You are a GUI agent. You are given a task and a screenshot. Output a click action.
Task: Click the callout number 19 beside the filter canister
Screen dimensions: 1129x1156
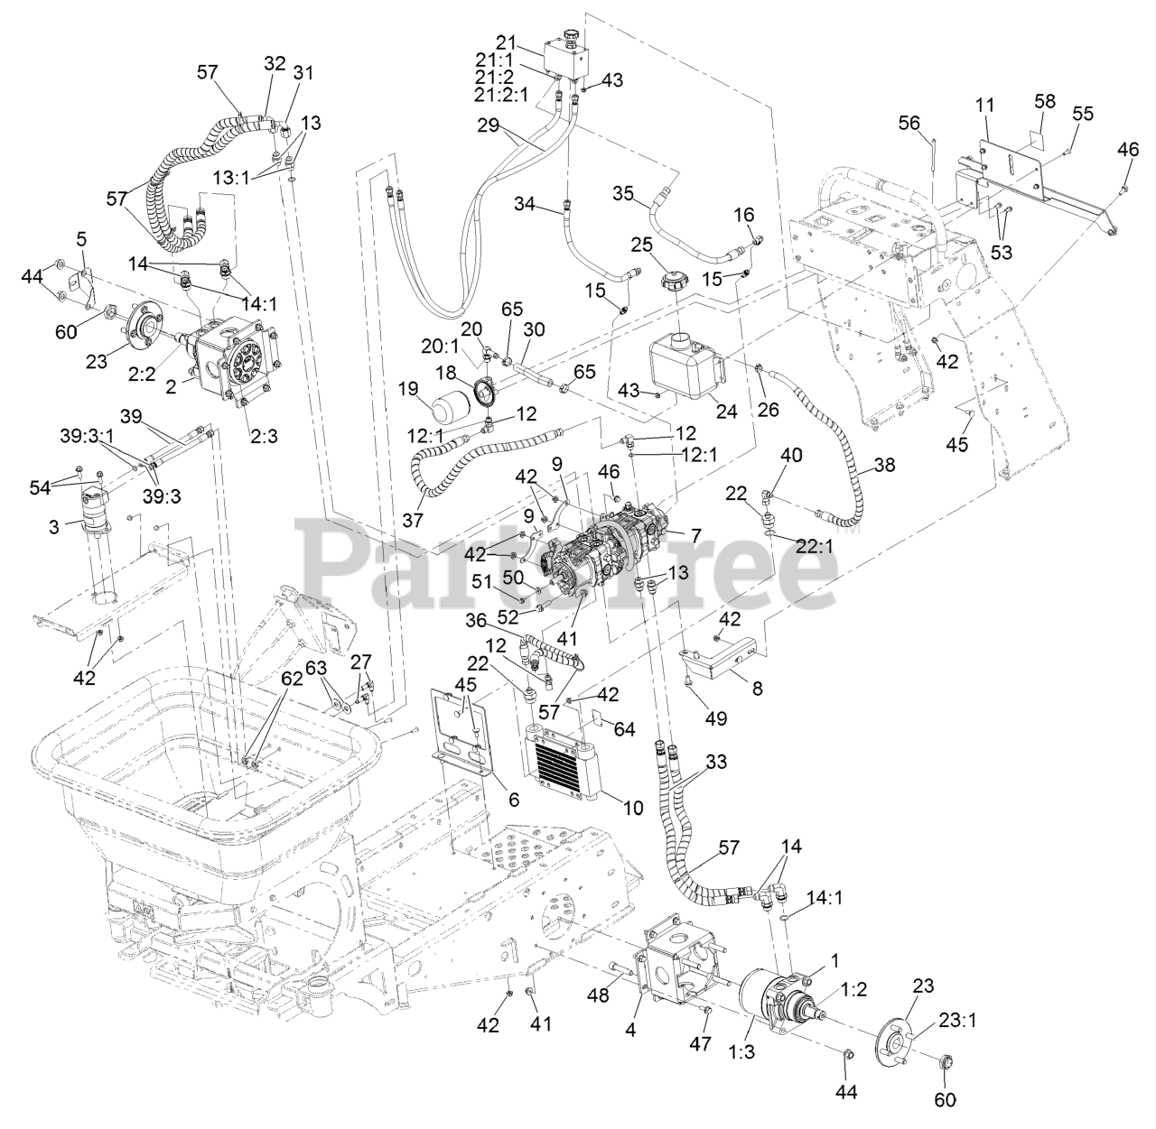409,389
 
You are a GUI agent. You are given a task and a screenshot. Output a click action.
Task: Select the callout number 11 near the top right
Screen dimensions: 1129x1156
984,106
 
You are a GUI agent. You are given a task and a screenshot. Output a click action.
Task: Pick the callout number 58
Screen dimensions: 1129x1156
1045,101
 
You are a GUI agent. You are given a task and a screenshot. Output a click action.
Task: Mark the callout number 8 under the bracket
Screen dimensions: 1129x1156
756,689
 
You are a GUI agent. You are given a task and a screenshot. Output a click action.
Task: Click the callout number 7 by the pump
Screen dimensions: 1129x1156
695,535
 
